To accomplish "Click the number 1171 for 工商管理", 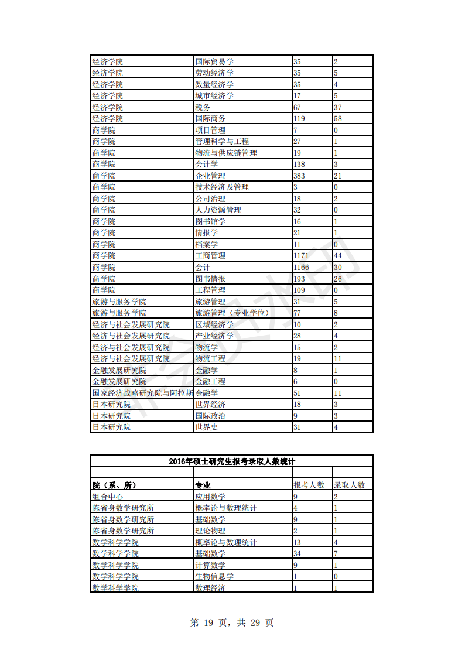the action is pyautogui.click(x=301, y=256).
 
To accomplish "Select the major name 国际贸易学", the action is pyautogui.click(x=214, y=61).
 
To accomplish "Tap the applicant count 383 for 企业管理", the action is pyautogui.click(x=299, y=176).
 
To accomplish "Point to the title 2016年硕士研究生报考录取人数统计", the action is pyautogui.click(x=231, y=461).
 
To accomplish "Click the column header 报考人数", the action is pyautogui.click(x=309, y=485).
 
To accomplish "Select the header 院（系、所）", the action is pyautogui.click(x=118, y=485).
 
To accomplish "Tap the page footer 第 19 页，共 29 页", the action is pyautogui.click(x=232, y=623).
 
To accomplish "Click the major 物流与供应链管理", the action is pyautogui.click(x=225, y=153).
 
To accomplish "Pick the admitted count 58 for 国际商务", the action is pyautogui.click(x=338, y=118).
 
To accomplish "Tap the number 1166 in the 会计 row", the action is pyautogui.click(x=301, y=267).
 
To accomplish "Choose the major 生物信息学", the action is pyautogui.click(x=214, y=576).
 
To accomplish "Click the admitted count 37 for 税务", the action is pyautogui.click(x=338, y=107).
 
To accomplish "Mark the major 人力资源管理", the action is pyautogui.click(x=218, y=210).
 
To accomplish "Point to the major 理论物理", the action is pyautogui.click(x=210, y=531).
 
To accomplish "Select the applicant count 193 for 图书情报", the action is pyautogui.click(x=299, y=279).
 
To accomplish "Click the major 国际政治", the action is pyautogui.click(x=210, y=416).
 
